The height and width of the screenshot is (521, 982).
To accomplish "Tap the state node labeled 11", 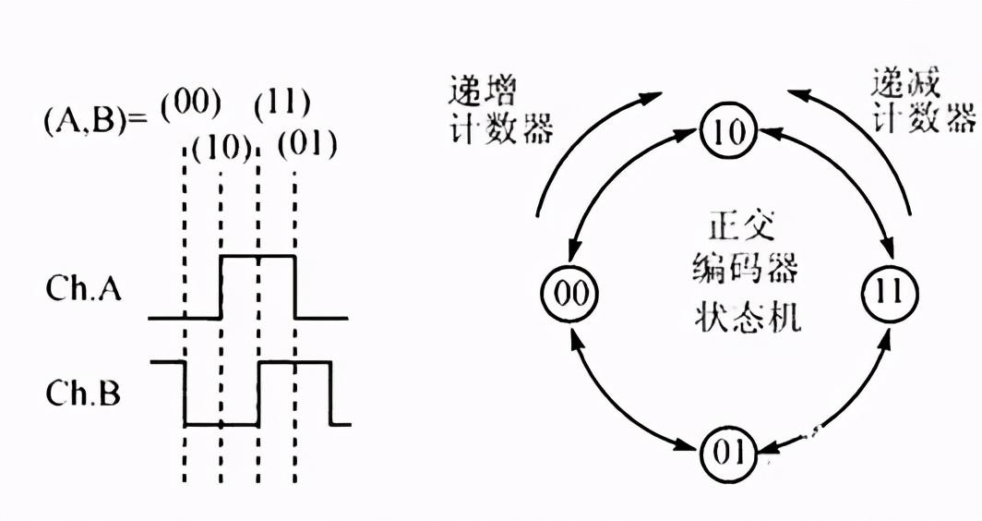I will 891,293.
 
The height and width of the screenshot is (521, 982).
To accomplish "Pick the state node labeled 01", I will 728,454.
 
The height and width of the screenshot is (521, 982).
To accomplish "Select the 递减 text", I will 905,86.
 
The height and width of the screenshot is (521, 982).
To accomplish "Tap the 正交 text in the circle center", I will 748,225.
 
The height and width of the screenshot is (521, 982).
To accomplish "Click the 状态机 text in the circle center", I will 748,319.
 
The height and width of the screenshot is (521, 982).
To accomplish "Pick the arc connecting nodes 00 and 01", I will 617,407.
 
